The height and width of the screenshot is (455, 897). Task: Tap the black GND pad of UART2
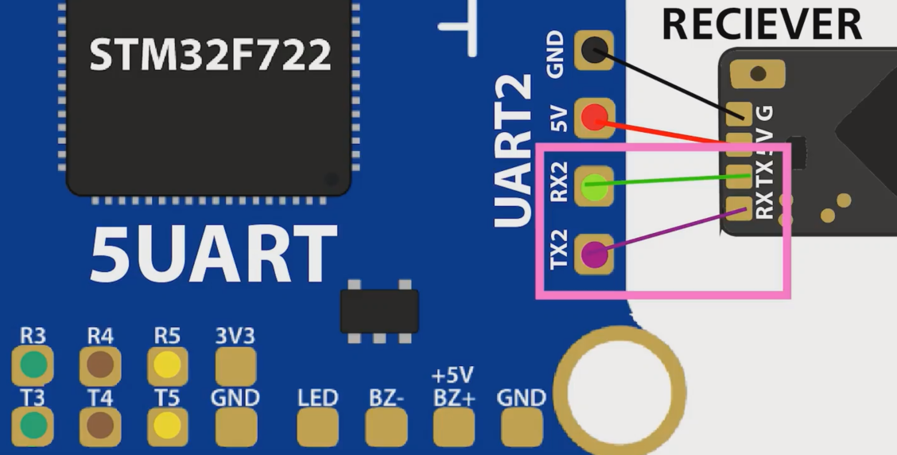[x=594, y=52]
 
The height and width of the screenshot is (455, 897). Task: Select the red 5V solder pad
[x=594, y=119]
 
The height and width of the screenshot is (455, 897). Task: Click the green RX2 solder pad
[x=594, y=189]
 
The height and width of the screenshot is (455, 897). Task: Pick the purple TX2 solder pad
[x=594, y=255]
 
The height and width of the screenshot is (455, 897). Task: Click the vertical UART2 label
[x=515, y=151]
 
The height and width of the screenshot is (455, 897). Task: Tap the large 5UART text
[x=213, y=255]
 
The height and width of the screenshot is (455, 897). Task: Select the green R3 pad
[x=33, y=366]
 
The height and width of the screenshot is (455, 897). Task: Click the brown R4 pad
[x=100, y=366]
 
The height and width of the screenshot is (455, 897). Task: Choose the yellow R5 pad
[x=168, y=366]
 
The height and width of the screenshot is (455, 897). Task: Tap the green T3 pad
[x=33, y=426]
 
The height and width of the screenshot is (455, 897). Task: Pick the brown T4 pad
[x=100, y=426]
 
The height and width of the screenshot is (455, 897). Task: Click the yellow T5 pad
[x=168, y=426]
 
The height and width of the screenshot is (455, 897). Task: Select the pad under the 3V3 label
[x=235, y=366]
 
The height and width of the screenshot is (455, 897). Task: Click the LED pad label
[x=317, y=397]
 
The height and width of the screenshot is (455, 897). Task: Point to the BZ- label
[x=386, y=397]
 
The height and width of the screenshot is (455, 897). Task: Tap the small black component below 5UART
[x=379, y=311]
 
